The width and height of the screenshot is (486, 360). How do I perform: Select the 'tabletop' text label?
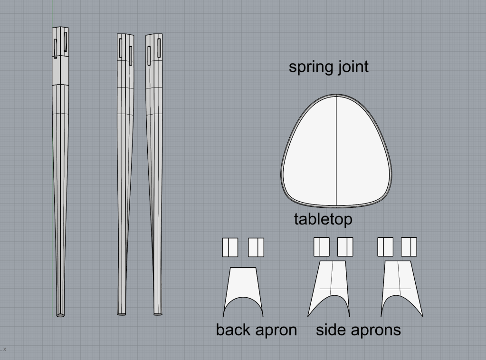click(323, 219)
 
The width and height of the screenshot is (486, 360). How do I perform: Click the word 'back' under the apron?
click(237, 330)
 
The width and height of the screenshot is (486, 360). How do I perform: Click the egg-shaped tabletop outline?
click(336, 151)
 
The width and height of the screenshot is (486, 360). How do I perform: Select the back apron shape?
click(243, 292)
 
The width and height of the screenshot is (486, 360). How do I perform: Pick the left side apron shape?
click(329, 289)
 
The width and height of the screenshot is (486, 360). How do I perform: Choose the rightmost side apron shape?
click(401, 289)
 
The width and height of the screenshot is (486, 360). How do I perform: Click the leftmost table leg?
click(60, 172)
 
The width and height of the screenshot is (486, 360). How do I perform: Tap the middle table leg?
click(125, 175)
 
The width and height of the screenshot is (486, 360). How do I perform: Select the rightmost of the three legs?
click(154, 175)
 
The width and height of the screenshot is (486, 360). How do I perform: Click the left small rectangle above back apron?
click(230, 247)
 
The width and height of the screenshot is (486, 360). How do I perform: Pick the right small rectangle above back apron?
click(256, 247)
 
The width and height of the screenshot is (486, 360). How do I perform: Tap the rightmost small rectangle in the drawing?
click(409, 247)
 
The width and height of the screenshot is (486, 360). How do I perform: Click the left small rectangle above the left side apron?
click(322, 247)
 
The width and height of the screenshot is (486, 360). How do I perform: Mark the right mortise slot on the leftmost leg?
click(66, 42)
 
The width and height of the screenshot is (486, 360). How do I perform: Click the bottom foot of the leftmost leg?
click(60, 315)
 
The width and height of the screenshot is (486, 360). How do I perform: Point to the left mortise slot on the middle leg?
click(120, 48)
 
